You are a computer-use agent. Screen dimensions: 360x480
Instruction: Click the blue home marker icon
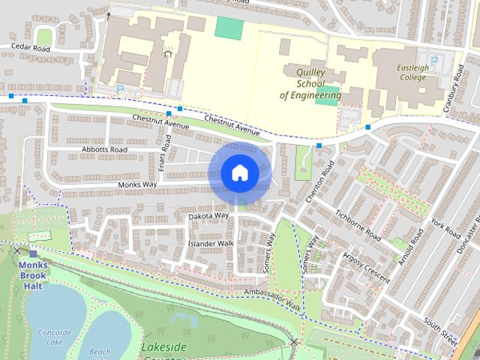tap(239, 172)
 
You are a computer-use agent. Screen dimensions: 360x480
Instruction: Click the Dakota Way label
tap(208, 216)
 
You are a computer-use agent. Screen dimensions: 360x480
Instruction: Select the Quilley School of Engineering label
tap(310, 82)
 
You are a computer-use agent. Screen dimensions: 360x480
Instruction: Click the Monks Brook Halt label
tap(34, 275)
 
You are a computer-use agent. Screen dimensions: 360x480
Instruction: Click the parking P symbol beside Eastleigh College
tap(432, 60)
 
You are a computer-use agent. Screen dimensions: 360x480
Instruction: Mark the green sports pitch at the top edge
tap(228, 27)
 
